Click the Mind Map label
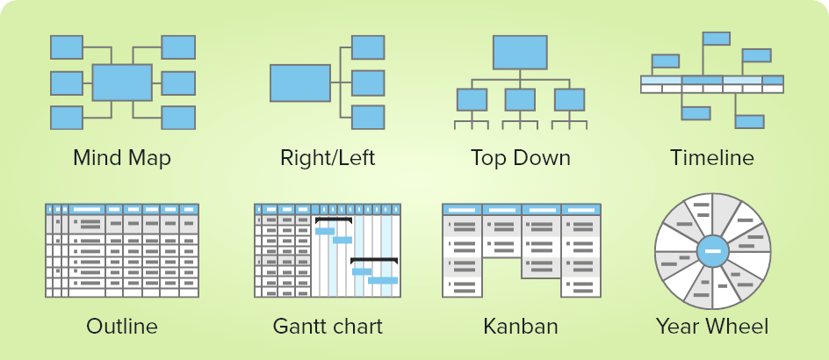click(x=122, y=158)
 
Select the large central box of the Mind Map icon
click(x=122, y=82)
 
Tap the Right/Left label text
click(x=328, y=158)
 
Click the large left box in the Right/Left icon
click(x=299, y=83)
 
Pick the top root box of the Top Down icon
click(x=520, y=52)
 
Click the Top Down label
click(x=520, y=158)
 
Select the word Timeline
click(x=711, y=158)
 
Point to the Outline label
click(x=122, y=327)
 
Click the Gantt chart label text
click(x=328, y=327)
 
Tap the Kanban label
click(x=520, y=327)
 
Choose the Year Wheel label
click(x=711, y=327)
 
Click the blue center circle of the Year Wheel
click(x=712, y=252)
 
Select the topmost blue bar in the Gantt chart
click(x=325, y=231)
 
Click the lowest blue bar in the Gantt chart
click(x=383, y=280)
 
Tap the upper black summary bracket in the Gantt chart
click(x=334, y=220)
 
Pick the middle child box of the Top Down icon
click(x=520, y=98)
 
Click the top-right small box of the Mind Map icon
click(x=178, y=47)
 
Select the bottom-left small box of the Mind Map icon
click(x=67, y=117)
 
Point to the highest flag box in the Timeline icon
click(x=717, y=38)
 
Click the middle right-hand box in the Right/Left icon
click(x=368, y=82)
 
